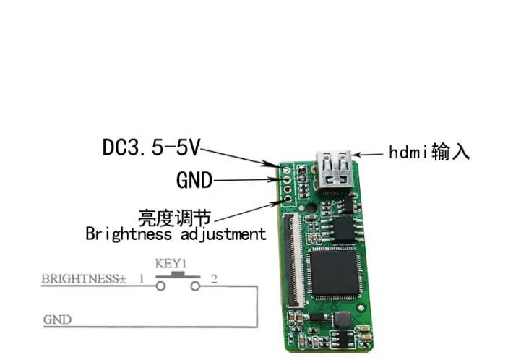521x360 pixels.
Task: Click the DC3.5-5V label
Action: pos(150,148)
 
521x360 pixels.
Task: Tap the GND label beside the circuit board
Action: pos(194,180)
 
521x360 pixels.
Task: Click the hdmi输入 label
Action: pos(429,152)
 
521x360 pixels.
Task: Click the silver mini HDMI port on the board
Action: pos(333,173)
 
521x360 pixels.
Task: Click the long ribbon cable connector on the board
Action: pos(295,260)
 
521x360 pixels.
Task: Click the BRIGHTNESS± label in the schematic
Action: pos(83,278)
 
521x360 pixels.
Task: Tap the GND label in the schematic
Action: pos(57,319)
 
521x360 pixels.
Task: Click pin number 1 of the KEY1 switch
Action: pos(142,278)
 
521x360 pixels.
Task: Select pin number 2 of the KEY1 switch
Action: pos(213,278)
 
